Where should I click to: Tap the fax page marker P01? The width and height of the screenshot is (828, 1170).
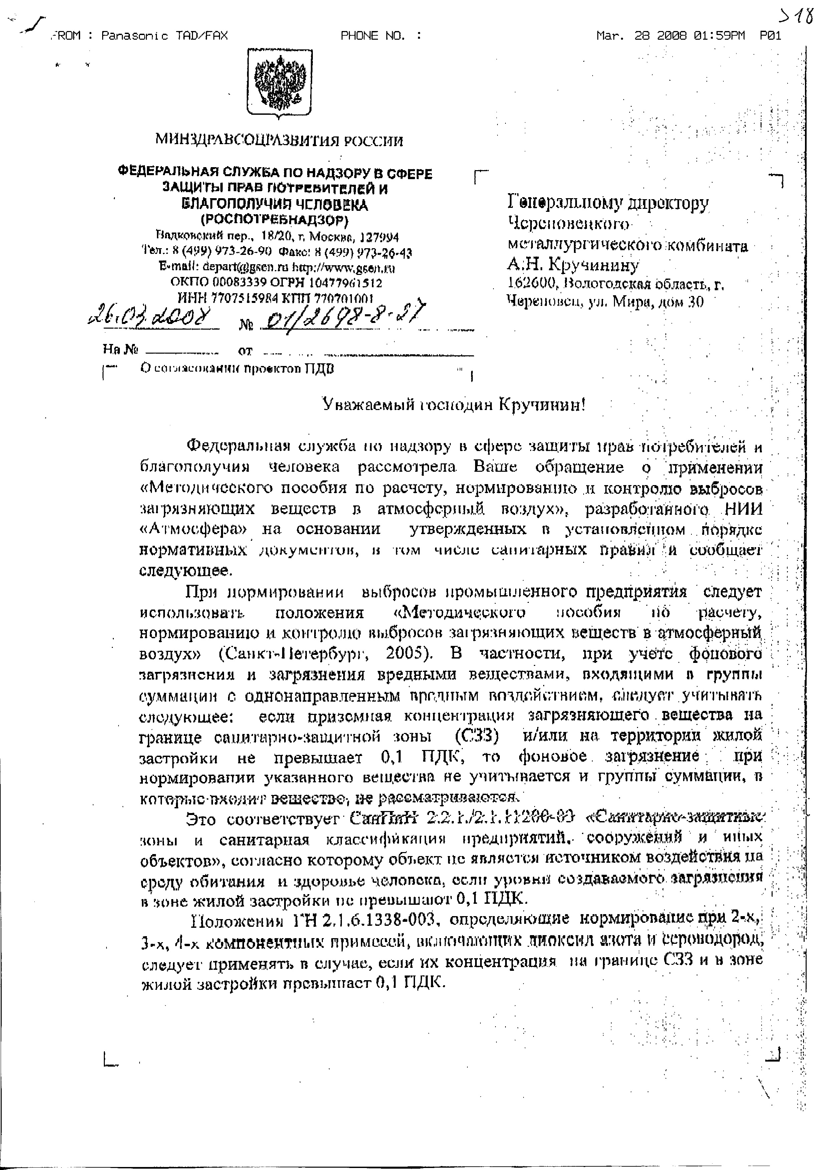pyautogui.click(x=770, y=36)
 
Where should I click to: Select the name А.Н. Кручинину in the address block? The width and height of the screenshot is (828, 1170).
pyautogui.click(x=573, y=265)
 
